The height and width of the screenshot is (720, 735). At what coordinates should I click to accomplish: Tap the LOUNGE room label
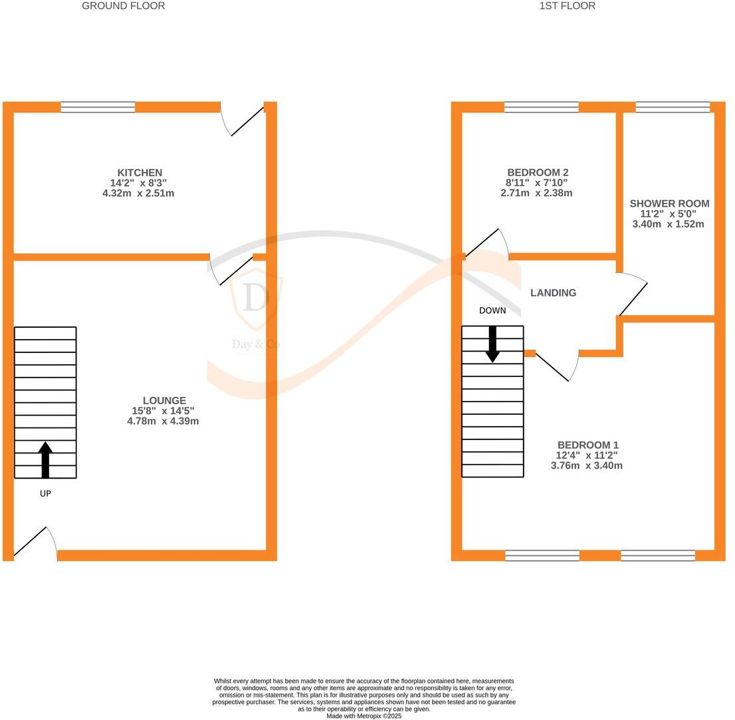(x=164, y=401)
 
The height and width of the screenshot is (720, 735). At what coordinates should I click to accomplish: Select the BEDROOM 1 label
(x=587, y=445)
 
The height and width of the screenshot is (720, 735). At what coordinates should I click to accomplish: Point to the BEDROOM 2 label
(x=537, y=173)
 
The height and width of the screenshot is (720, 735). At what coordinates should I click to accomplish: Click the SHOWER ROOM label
(x=669, y=204)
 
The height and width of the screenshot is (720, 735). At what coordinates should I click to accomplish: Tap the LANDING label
(x=553, y=293)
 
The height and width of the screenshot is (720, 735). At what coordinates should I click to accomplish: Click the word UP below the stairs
(x=45, y=494)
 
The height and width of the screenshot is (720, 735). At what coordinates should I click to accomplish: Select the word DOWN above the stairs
(x=492, y=310)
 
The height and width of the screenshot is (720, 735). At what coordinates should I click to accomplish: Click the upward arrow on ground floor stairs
(x=45, y=459)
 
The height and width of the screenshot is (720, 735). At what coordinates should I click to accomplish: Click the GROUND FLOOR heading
(x=123, y=6)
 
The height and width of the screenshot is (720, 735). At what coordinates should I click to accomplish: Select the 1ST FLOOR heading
(x=567, y=6)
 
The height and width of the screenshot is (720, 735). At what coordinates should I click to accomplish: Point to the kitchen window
(x=98, y=107)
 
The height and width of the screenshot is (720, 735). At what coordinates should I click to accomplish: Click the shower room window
(x=673, y=107)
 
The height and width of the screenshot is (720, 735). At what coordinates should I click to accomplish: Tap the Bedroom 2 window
(x=541, y=107)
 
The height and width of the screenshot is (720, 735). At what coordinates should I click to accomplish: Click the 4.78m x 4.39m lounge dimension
(x=163, y=421)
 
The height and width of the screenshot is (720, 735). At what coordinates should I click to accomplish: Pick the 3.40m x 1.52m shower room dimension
(x=668, y=225)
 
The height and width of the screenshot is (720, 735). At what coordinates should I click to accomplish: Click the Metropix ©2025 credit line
(x=364, y=716)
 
